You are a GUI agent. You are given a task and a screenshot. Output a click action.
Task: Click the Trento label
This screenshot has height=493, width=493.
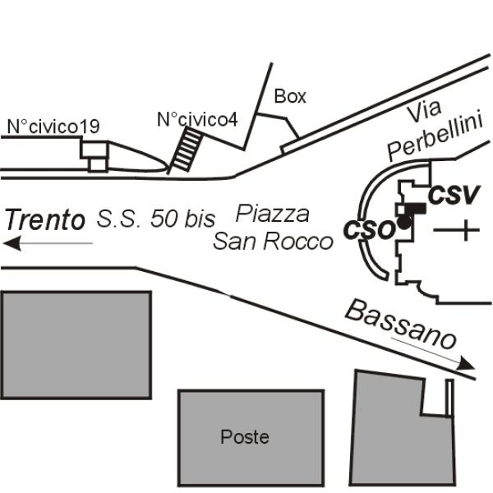pos(45,219)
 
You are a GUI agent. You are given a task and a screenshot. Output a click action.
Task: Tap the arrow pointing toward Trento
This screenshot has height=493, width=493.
pos(48,243)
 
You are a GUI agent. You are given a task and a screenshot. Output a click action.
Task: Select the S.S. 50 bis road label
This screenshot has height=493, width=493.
pos(156,219)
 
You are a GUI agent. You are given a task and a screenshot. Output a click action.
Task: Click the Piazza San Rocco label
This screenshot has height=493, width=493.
pos(273,228)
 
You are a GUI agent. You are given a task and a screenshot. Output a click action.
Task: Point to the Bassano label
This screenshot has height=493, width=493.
pos(401,324)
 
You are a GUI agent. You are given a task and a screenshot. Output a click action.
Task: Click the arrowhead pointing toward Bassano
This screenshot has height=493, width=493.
pos(466,364)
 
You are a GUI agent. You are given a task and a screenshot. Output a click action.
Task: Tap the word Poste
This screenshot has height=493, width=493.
pos(245,437)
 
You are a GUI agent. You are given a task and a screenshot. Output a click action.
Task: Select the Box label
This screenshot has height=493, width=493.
pos(290,96)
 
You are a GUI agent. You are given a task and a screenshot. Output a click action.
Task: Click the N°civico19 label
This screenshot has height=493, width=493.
pos(53,127)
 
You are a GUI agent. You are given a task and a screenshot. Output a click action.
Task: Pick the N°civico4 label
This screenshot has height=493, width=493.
pos(197,119)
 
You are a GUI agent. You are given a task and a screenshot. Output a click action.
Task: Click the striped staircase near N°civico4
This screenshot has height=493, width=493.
pos(187,150)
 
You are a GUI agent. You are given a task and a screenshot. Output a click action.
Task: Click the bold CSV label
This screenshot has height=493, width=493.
pos(454,195)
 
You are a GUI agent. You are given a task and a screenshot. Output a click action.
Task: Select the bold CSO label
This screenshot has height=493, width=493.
pos(368,230)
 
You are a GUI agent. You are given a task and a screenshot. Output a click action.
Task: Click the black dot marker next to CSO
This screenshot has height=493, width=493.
pos(404,223)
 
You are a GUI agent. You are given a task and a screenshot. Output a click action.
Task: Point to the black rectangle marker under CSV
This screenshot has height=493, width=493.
pos(415,209)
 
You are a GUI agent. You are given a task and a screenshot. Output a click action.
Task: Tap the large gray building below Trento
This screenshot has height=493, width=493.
pos(76,345)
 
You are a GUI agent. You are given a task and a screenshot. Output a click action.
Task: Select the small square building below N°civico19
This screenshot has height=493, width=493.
pos(98,165)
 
